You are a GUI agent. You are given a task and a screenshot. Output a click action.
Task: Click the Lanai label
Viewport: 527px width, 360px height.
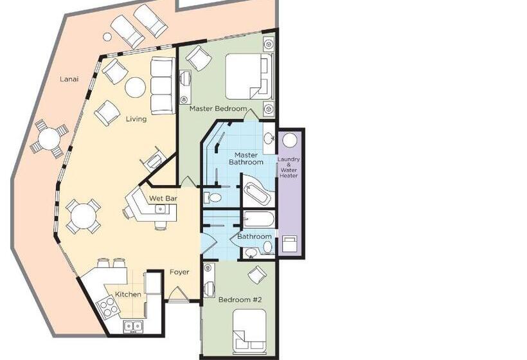click(69, 79)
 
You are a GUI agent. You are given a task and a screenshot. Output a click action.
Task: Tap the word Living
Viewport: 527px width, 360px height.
click(136, 119)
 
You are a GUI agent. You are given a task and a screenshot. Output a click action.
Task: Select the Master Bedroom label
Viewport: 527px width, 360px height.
click(218, 109)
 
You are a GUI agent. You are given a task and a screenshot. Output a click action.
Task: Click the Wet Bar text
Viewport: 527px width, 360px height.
click(163, 198)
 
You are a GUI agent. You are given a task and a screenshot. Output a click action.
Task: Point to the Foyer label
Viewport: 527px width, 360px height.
click(179, 272)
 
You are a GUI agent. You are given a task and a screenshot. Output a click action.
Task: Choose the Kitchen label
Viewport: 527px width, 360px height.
click(128, 294)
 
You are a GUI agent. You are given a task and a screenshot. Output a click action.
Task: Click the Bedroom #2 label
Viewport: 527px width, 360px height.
click(240, 300)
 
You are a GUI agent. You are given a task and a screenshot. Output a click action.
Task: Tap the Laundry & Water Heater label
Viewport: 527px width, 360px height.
click(289, 167)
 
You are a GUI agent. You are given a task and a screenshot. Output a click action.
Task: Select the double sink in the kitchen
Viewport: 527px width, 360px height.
click(133, 326)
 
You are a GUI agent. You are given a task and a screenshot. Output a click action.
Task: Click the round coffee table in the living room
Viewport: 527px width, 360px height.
click(135, 87)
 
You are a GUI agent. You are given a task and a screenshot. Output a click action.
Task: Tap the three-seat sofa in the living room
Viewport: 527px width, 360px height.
click(163, 85)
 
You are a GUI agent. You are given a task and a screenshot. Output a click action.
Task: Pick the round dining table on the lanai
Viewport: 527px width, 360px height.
click(49, 139)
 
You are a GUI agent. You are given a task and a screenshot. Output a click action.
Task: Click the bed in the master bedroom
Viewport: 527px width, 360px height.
click(249, 76)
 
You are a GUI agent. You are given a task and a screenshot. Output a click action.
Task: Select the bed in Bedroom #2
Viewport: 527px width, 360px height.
click(250, 330)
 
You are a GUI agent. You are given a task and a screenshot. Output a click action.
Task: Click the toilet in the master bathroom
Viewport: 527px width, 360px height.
click(213, 197)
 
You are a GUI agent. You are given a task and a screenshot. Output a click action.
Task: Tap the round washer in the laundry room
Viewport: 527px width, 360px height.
click(290, 140)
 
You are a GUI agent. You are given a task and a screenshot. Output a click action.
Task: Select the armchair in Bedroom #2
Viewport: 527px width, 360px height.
click(258, 275)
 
